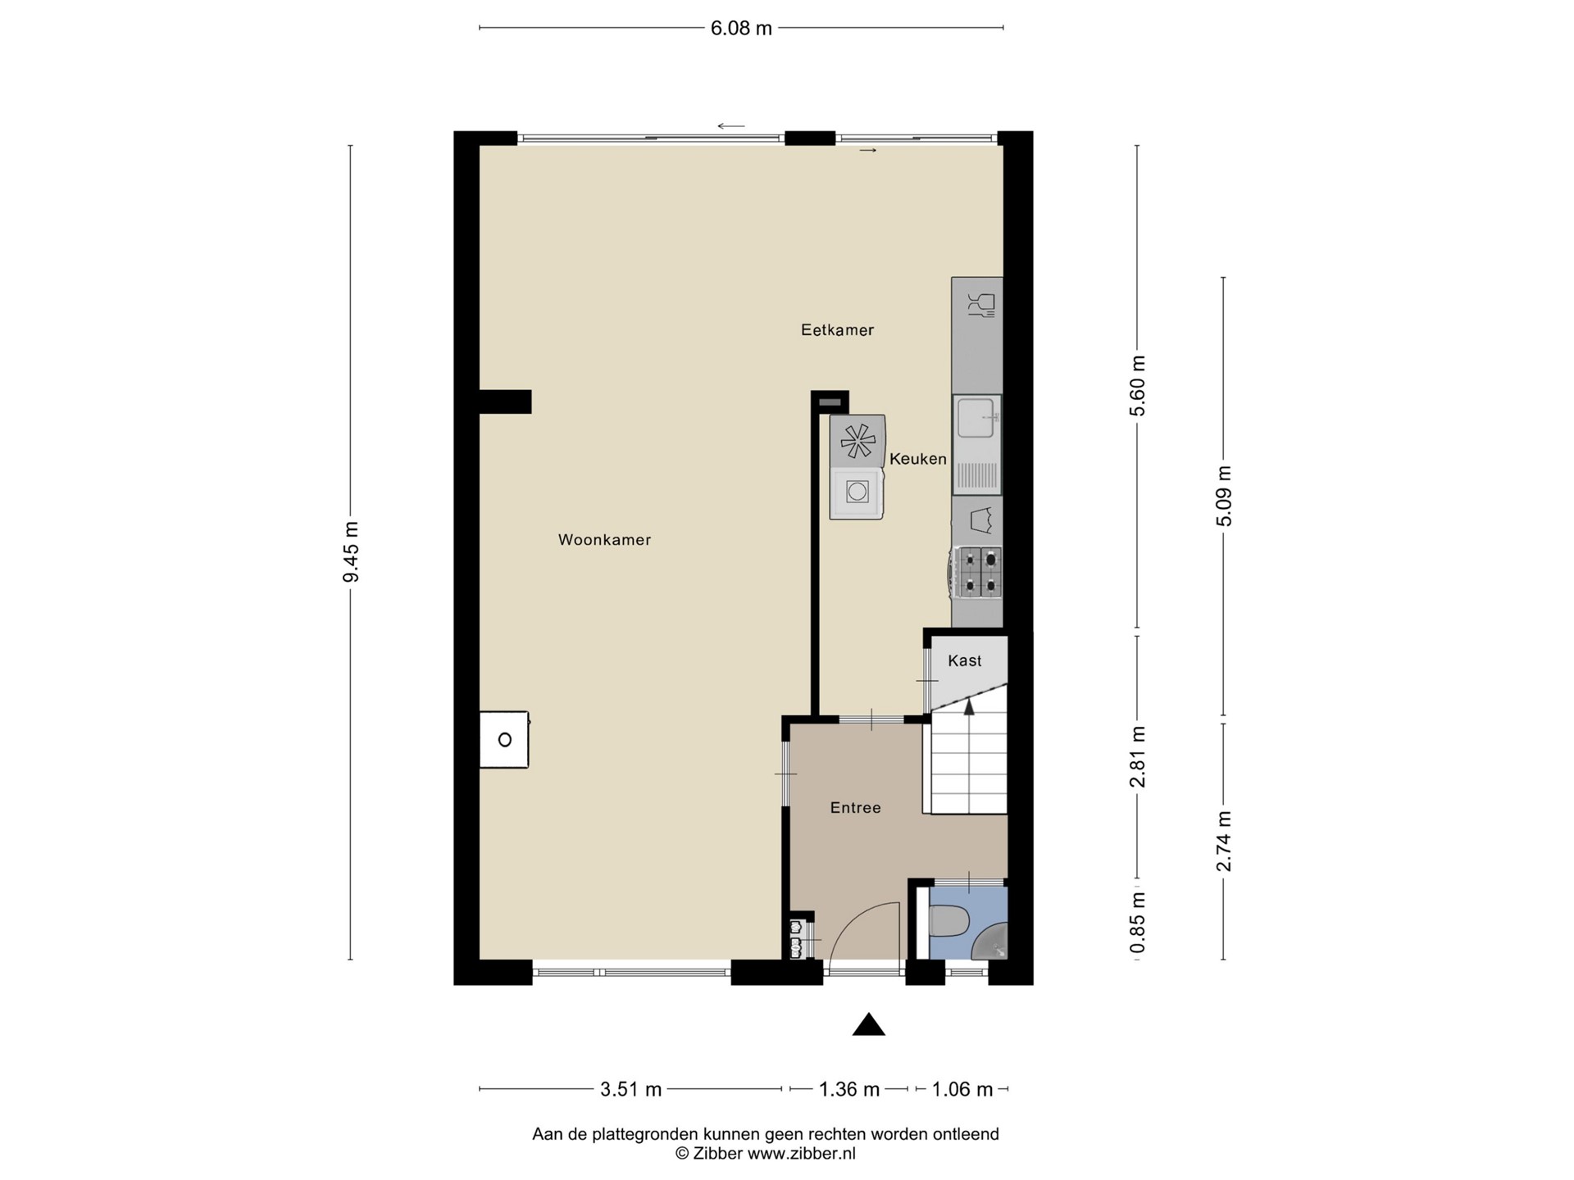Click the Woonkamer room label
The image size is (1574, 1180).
coord(604,540)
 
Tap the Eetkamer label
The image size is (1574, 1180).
coord(837,330)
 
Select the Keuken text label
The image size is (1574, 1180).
coord(918,459)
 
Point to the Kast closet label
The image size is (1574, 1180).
coord(965,660)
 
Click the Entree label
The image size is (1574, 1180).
coord(855,808)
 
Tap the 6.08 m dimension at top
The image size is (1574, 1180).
coord(741,29)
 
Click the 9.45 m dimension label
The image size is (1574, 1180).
coord(351,551)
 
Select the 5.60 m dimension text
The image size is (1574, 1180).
coord(1137,386)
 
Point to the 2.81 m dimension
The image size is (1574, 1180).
coord(1137,756)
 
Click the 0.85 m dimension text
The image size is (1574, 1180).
coord(1137,924)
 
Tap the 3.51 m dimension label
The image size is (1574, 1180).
coord(630,1089)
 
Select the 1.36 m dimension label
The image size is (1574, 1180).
coord(849,1089)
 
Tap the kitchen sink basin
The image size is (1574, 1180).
coord(976,418)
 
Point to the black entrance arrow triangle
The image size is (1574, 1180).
coord(869,1025)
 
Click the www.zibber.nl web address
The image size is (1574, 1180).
coord(802,1154)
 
